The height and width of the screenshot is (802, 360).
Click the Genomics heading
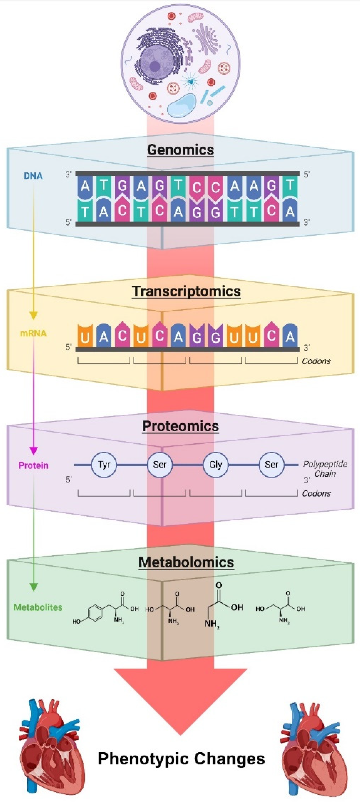(180, 150)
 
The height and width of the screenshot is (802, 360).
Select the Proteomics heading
(180, 426)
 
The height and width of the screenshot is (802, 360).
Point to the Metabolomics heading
(186, 562)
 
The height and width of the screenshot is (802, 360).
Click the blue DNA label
(33, 176)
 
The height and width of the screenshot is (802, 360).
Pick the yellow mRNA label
(33, 333)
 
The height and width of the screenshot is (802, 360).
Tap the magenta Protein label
(33, 465)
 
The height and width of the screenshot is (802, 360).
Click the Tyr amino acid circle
(104, 465)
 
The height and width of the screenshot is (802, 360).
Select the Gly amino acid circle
(215, 465)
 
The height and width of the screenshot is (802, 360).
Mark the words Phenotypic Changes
(181, 758)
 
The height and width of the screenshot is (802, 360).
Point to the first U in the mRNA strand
(85, 336)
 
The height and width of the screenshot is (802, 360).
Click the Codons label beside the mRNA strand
(316, 361)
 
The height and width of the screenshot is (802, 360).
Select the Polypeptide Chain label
(325, 469)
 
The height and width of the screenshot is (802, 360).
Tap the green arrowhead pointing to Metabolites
(33, 587)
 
